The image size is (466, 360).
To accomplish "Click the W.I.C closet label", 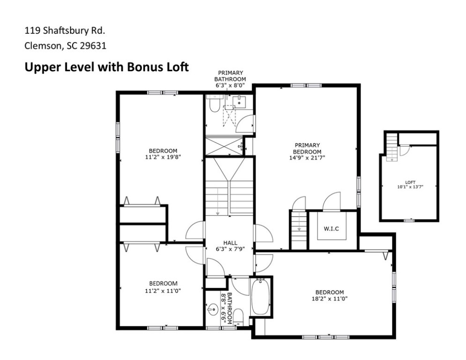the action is pyautogui.click(x=331, y=229).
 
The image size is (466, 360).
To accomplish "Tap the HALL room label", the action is pyautogui.click(x=230, y=243).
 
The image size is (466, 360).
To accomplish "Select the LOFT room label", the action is pyautogui.click(x=410, y=182).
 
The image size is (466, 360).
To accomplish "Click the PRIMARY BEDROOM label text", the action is pyautogui.click(x=307, y=148).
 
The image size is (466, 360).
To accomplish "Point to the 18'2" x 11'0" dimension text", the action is pyautogui.click(x=330, y=299).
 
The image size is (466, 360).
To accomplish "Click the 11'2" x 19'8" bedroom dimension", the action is pyautogui.click(x=163, y=157).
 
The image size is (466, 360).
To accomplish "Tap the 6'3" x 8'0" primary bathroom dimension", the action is pyautogui.click(x=230, y=85).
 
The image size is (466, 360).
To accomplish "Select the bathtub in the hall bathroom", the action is pyautogui.click(x=260, y=296).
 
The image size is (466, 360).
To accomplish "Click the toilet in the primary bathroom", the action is pyautogui.click(x=214, y=104).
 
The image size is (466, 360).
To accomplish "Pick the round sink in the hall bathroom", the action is pyautogui.click(x=213, y=309).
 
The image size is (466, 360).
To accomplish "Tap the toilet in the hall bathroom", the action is pyautogui.click(x=238, y=316).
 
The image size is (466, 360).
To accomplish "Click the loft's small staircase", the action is pyautogui.click(x=392, y=147).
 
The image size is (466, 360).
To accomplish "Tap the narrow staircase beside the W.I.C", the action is pyautogui.click(x=299, y=230).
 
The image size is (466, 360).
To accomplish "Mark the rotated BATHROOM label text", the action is pyautogui.click(x=229, y=308).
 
